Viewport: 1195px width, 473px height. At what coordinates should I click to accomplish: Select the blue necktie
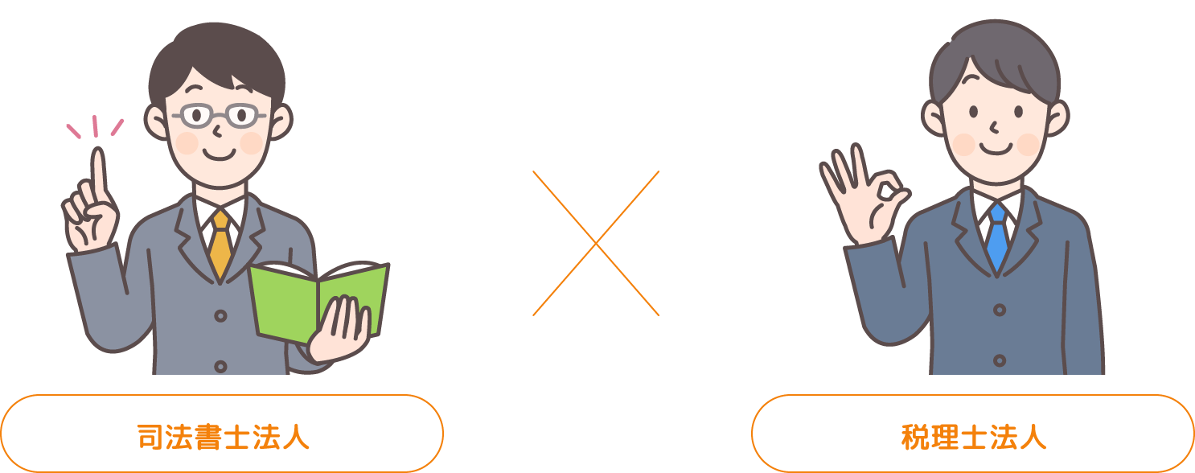point(997,237)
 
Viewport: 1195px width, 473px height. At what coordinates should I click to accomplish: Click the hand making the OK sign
point(860,197)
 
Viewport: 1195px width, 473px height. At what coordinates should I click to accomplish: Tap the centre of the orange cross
point(596,243)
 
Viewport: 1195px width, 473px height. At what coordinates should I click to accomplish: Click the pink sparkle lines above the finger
point(95,127)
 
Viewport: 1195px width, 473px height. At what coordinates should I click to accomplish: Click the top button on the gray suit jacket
point(220,316)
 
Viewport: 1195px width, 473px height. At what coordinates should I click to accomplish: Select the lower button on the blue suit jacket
point(1000,360)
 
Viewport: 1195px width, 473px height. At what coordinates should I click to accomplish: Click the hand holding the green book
point(342,330)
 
